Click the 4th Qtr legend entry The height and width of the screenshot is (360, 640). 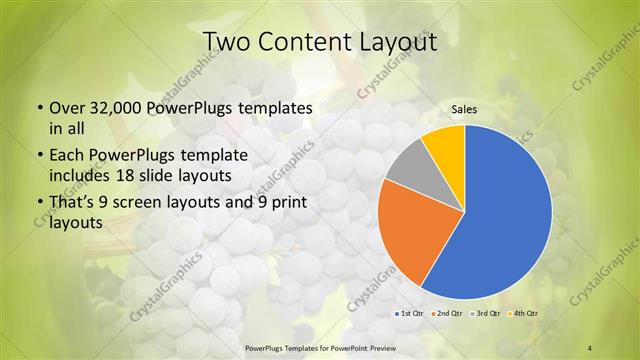point(526,313)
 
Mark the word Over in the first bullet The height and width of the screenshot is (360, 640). point(65,108)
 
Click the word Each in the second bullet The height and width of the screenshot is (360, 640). point(66,156)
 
